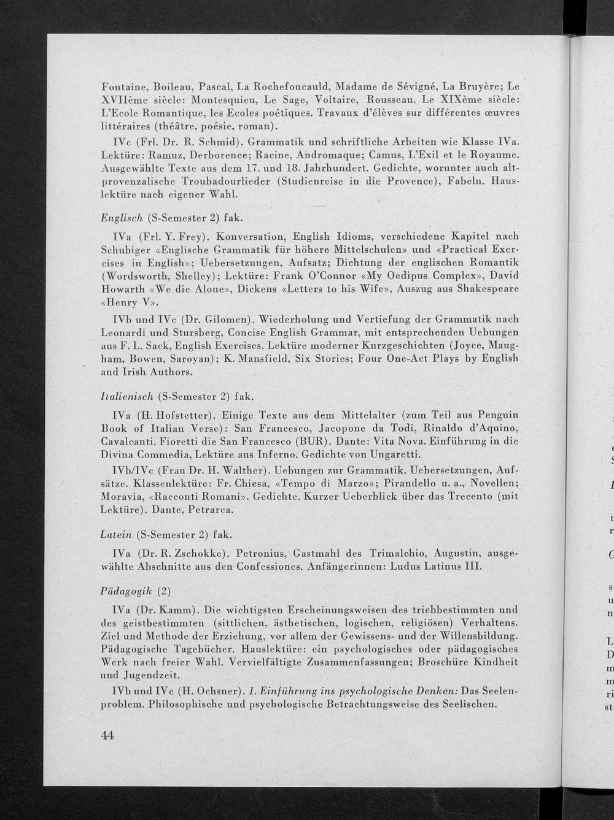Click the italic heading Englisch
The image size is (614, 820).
122,218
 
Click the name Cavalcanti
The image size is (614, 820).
131,441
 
